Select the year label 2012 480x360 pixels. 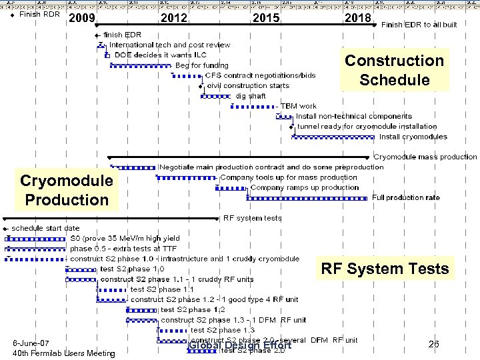point(174,18)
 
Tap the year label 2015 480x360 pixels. point(266,18)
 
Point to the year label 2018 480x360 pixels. point(357,18)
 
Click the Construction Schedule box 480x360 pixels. point(393,70)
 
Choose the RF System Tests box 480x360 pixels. point(385,269)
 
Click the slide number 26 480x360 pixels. point(433,344)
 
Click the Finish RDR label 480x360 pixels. point(39,14)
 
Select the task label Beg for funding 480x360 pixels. point(201,65)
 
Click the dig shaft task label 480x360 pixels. point(250,96)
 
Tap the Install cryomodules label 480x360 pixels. point(413,137)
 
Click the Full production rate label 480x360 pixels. point(405,197)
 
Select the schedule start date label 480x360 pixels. point(45,228)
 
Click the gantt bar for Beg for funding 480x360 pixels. point(141,66)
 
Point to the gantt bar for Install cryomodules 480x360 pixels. point(334,137)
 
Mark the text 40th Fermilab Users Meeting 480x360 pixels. point(64,353)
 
